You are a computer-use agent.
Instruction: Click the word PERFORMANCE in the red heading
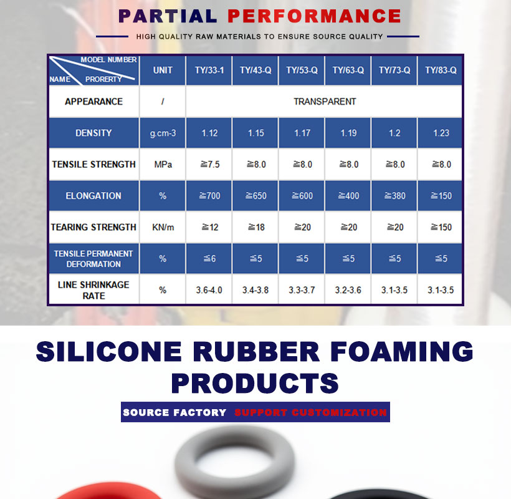pos(314,16)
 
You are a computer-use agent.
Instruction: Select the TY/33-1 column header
pos(209,70)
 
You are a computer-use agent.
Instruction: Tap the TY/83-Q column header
pos(441,70)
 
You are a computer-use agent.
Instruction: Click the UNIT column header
pos(163,70)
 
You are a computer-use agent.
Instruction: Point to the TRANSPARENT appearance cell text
pos(325,102)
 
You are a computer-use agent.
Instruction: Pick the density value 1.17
pos(302,133)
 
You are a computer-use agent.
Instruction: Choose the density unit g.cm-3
pos(163,133)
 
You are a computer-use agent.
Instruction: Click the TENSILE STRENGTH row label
pos(94,164)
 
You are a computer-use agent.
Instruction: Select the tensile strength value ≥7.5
pos(210,164)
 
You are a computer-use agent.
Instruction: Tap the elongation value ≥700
pos(210,196)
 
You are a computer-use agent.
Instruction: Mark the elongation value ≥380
pos(395,196)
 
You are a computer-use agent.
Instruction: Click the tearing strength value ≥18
pos(256,227)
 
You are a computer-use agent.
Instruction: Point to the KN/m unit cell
pos(163,227)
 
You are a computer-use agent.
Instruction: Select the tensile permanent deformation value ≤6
pos(210,259)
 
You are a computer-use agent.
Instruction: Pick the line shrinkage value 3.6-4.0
pos(209,290)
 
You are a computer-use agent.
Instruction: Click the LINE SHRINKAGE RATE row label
pos(93,290)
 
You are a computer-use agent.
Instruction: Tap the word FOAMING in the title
pos(401,351)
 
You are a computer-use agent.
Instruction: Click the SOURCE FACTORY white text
pos(174,412)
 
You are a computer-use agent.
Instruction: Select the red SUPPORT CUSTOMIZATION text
pos(310,412)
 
